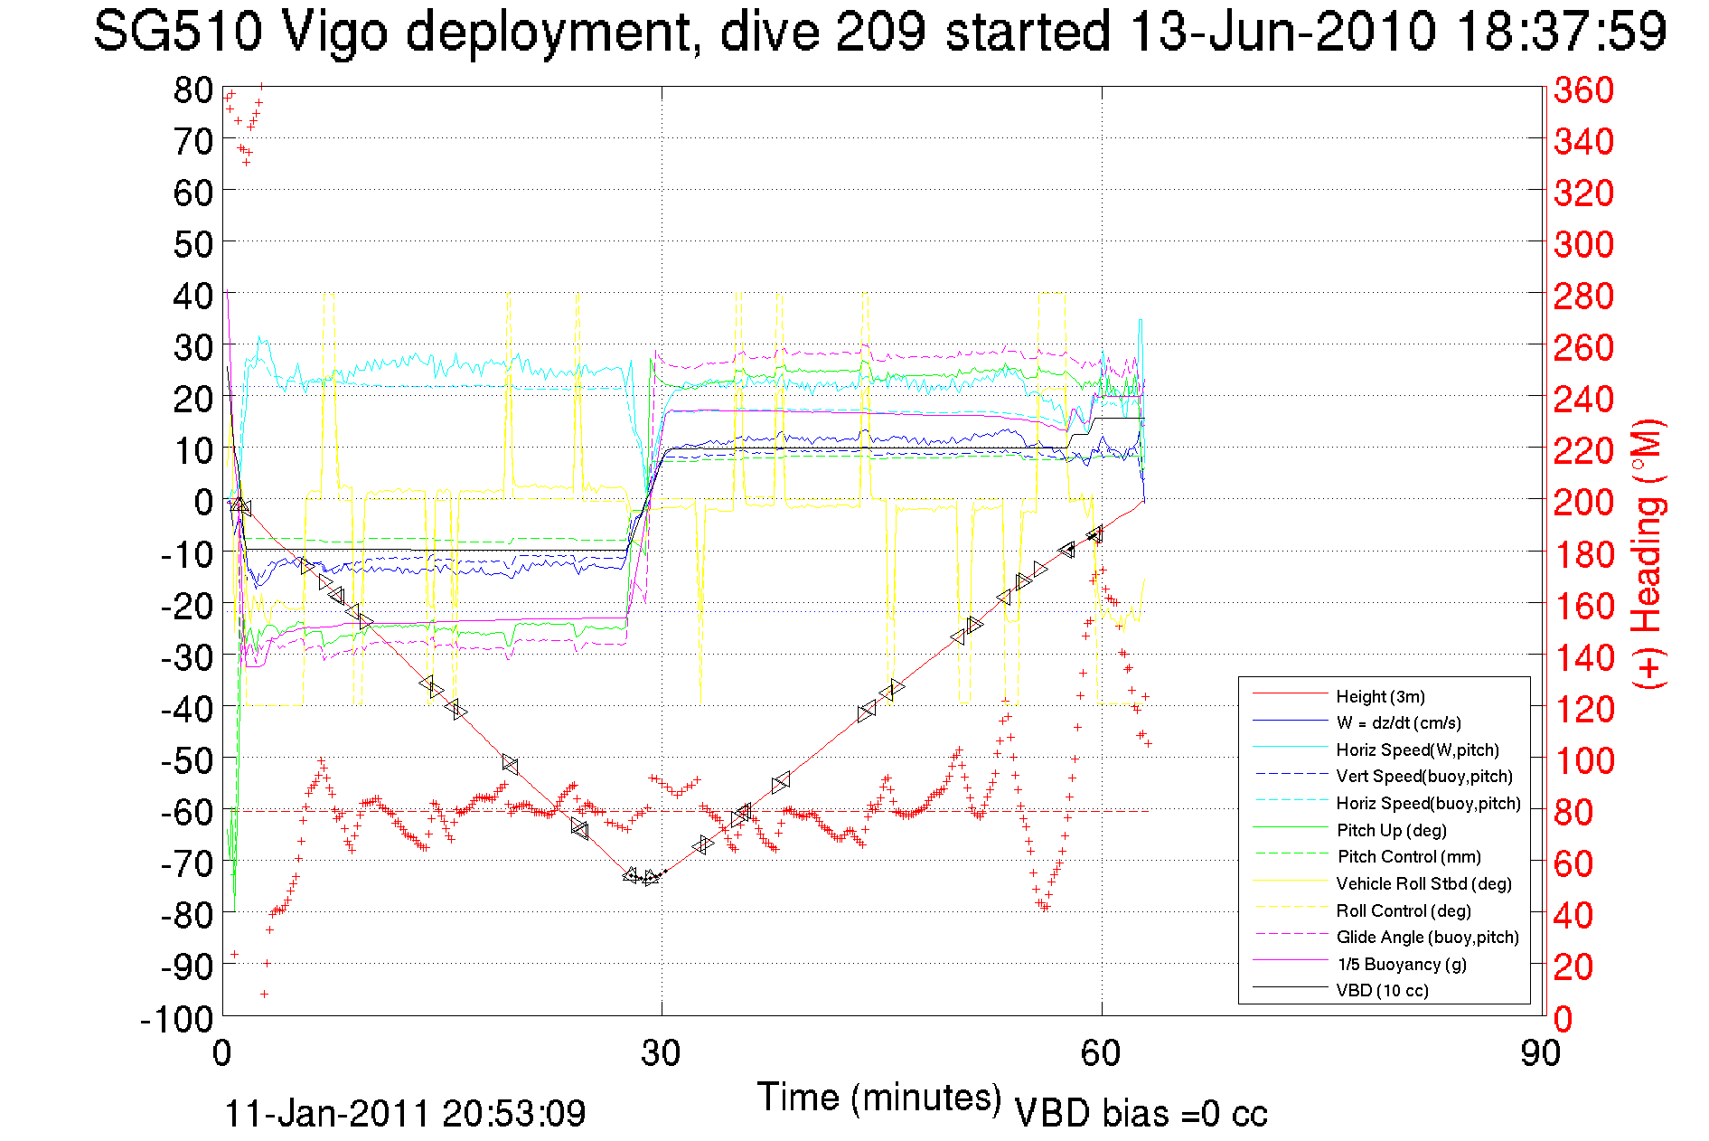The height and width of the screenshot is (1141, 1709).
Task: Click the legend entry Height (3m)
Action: pos(1380,696)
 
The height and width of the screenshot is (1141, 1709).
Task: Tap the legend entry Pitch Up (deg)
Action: pos(1391,830)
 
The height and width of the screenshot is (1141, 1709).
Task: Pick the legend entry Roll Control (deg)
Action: pos(1403,910)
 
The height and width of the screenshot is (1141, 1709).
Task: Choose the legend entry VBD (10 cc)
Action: pos(1382,990)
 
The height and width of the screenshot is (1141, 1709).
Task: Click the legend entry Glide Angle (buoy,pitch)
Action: pos(1427,937)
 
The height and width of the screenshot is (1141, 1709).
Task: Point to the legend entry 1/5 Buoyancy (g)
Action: pos(1401,964)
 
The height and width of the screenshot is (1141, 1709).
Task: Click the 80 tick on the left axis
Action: pos(192,90)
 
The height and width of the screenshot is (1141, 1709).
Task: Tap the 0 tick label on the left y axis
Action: pos(203,502)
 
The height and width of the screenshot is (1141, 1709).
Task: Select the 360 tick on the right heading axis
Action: pos(1583,90)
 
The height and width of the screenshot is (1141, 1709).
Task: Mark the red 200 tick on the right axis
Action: pos(1583,502)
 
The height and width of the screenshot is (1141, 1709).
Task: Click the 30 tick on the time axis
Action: pos(661,1053)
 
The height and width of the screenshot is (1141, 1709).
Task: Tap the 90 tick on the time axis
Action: pos(1540,1053)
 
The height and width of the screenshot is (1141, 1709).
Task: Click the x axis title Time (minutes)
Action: pos(878,1098)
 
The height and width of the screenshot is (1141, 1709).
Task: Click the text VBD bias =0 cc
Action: pos(1141,1113)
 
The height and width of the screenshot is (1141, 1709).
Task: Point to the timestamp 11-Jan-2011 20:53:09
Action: pos(405,1113)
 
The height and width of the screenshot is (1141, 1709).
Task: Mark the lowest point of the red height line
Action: pos(647,879)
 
